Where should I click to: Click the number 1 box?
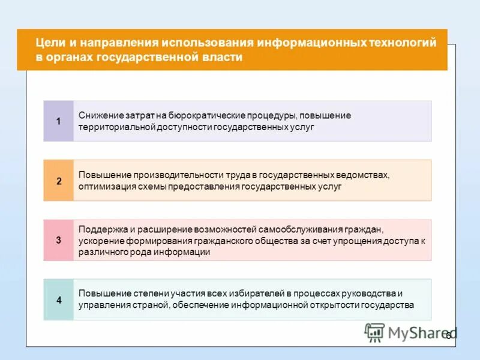click(x=58, y=121)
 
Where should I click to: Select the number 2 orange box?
click(x=58, y=181)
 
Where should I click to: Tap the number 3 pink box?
click(x=58, y=240)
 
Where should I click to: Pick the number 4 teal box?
click(x=58, y=299)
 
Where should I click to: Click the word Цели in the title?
click(x=47, y=43)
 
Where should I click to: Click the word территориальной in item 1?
click(x=116, y=127)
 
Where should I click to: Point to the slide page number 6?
click(x=448, y=336)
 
